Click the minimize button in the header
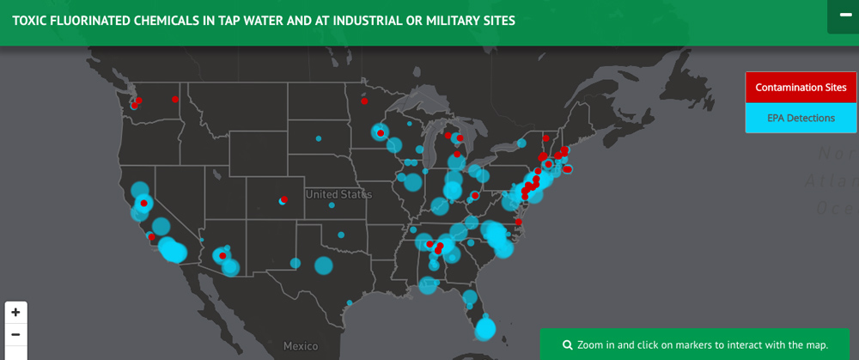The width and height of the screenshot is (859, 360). click(x=843, y=16)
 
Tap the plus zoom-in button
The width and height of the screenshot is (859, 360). click(x=15, y=313)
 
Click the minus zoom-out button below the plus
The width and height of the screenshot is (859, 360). click(x=15, y=334)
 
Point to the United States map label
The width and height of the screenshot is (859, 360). click(x=338, y=194)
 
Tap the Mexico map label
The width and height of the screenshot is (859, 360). click(x=301, y=345)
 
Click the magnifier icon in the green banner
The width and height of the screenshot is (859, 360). click(x=568, y=345)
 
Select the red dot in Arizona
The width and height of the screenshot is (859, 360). click(x=222, y=256)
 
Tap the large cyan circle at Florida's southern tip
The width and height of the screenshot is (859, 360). click(x=485, y=328)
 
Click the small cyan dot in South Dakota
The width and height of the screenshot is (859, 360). click(x=318, y=137)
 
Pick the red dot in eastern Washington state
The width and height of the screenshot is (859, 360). click(x=174, y=100)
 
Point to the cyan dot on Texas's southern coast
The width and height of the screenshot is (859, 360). click(x=350, y=302)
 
